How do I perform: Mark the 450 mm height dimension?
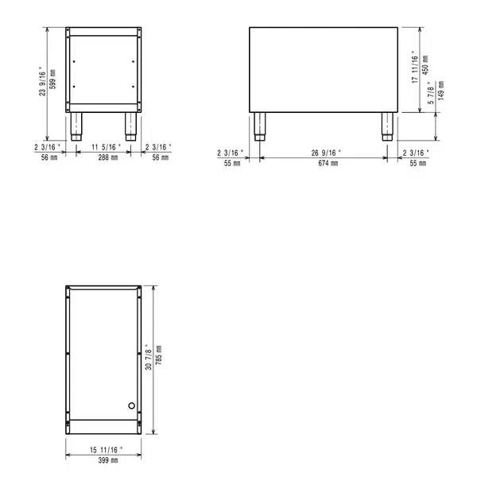coord(426,64)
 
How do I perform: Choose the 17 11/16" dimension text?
coord(415,69)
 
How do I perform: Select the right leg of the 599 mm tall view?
coord(129,126)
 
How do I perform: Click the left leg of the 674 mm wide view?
coord(260,126)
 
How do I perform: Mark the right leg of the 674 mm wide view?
coord(387,126)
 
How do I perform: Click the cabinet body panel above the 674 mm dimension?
coord(323,69)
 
